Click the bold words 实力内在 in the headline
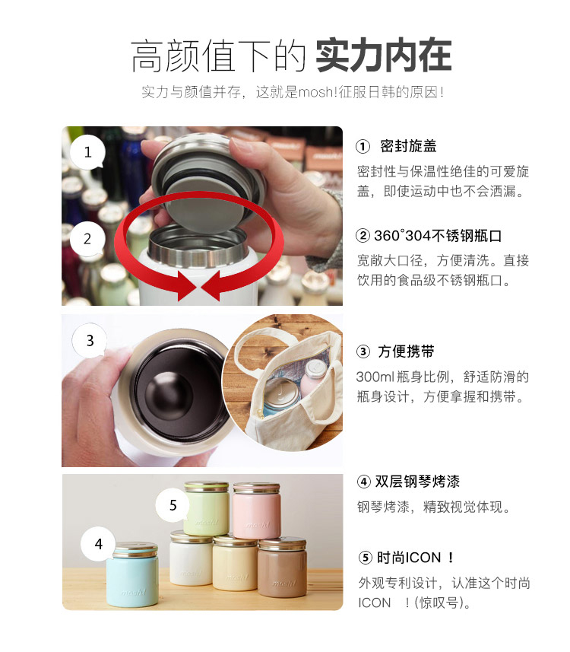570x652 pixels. (x=384, y=56)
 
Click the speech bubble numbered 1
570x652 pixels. (x=87, y=152)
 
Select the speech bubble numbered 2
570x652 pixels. (x=87, y=239)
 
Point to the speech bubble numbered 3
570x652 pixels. (x=90, y=341)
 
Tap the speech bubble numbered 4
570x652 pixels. (x=99, y=544)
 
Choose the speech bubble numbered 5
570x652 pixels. (x=173, y=505)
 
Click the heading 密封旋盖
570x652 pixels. (x=408, y=146)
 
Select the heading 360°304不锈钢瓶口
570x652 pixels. (x=438, y=236)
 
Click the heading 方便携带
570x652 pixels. (x=406, y=351)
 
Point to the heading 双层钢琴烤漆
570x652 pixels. (x=417, y=482)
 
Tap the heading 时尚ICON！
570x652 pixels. (x=416, y=558)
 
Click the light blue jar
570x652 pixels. (x=132, y=574)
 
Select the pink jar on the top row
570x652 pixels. (x=256, y=510)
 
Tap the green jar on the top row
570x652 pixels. (x=207, y=507)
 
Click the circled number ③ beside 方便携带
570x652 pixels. (x=363, y=351)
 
